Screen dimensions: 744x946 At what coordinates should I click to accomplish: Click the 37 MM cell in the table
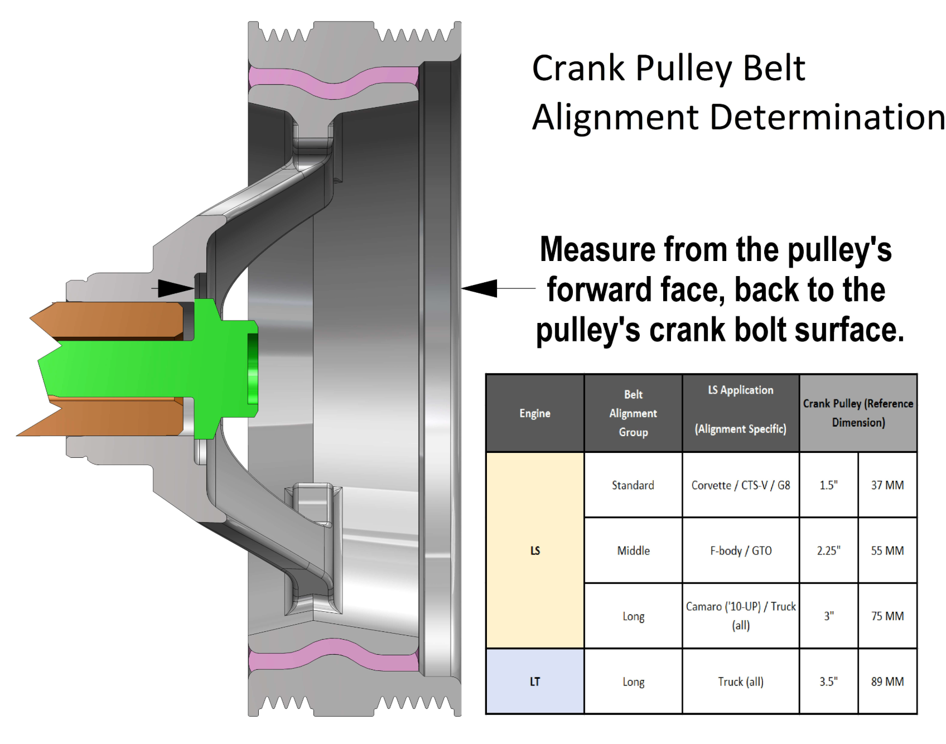[x=887, y=485]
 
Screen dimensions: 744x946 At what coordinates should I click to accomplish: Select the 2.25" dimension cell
[x=828, y=551]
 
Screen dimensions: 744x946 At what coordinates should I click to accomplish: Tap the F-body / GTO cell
[x=741, y=551]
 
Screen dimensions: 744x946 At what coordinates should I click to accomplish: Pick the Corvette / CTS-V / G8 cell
[x=741, y=485]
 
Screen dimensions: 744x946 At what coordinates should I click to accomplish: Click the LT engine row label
[x=535, y=682]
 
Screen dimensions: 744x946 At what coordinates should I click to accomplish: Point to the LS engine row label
[x=535, y=551]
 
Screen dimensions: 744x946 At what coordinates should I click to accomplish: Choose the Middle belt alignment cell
[x=633, y=551]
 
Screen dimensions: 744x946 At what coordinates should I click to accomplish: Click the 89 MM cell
[x=887, y=682]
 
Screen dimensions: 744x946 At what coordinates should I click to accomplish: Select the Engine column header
[x=535, y=413]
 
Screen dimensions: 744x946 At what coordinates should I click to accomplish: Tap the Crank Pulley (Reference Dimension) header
[x=858, y=413]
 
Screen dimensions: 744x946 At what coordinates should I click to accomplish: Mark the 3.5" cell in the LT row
[x=828, y=682]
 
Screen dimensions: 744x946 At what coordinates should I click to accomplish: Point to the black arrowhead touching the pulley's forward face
[x=480, y=288]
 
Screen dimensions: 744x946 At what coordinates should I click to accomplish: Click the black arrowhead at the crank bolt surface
[x=176, y=288]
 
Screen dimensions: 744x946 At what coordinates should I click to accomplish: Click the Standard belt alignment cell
[x=633, y=485]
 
